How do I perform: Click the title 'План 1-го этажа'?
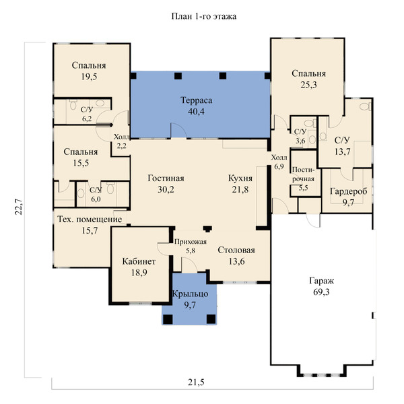click(204, 16)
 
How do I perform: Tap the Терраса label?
click(197, 100)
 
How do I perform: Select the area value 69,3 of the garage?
click(321, 292)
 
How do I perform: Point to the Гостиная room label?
click(166, 178)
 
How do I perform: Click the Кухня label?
click(240, 178)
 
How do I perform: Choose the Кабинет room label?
click(139, 261)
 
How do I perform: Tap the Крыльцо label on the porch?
click(190, 294)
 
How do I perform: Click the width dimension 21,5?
click(196, 382)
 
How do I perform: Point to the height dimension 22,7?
click(19, 207)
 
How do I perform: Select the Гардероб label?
click(348, 191)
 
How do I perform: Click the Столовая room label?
click(236, 250)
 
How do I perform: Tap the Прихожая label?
click(191, 242)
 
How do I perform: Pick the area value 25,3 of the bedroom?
click(308, 85)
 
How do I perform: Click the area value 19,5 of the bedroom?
click(89, 77)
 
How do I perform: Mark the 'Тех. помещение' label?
click(90, 220)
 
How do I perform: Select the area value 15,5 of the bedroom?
click(81, 163)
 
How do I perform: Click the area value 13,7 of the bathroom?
click(343, 151)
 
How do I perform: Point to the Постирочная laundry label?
click(303, 174)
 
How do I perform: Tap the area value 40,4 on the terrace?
click(197, 111)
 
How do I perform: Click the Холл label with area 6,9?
click(279, 158)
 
